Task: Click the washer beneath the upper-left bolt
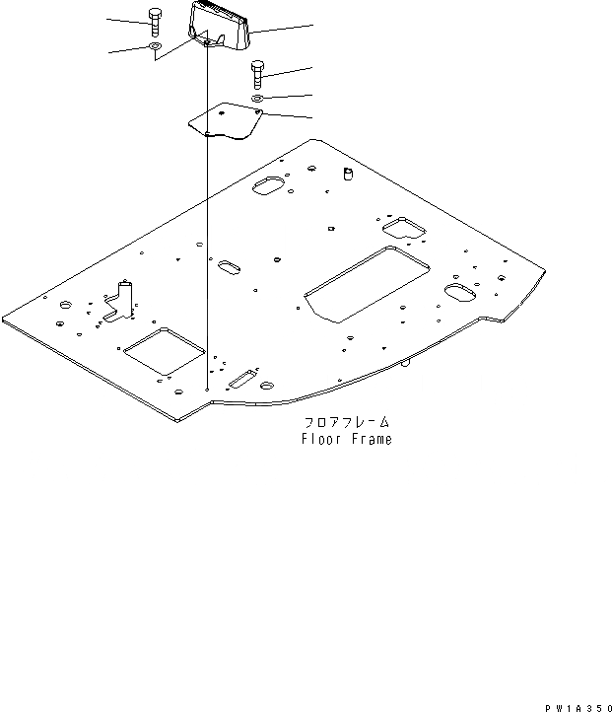pyautogui.click(x=156, y=46)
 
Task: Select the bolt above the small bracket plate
pyautogui.click(x=256, y=73)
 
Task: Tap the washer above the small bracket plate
pyautogui.click(x=256, y=99)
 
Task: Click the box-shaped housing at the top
pyautogui.click(x=220, y=25)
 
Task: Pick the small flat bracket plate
pyautogui.click(x=225, y=122)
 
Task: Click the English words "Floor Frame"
pyautogui.click(x=346, y=439)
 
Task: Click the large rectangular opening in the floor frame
pyautogui.click(x=368, y=283)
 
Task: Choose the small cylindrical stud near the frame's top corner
pyautogui.click(x=347, y=175)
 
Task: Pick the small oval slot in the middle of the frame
pyautogui.click(x=229, y=267)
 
